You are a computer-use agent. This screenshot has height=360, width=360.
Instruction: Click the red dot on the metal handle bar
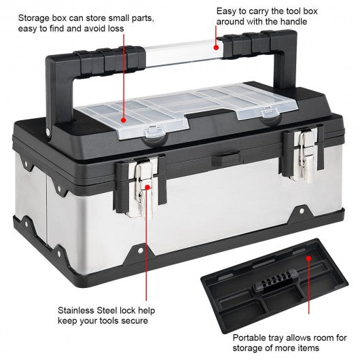(216, 48)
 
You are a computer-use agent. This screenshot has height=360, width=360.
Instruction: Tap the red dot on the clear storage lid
(124, 120)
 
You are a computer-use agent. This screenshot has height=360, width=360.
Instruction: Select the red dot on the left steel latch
(147, 187)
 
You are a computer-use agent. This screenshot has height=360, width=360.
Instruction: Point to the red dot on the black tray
(309, 258)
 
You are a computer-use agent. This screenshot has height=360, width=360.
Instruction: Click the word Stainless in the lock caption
(76, 310)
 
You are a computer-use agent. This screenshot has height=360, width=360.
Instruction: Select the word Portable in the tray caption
(249, 338)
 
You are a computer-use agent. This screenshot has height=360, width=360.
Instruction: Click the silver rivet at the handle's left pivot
(48, 131)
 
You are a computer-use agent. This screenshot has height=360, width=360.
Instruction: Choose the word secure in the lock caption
(134, 321)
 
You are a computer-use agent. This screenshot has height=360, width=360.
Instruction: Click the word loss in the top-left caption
(115, 29)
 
